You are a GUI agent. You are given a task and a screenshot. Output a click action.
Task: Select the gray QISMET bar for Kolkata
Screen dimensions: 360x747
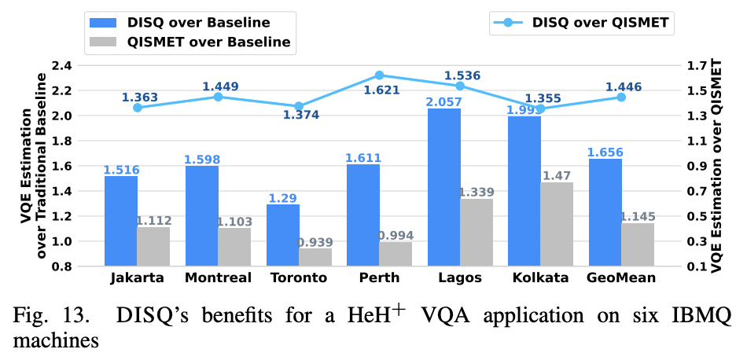pyautogui.click(x=557, y=224)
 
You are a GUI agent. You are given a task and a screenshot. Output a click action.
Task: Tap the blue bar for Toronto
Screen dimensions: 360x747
pyautogui.click(x=282, y=235)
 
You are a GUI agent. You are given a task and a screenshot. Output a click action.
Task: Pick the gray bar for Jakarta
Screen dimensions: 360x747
pyautogui.click(x=153, y=246)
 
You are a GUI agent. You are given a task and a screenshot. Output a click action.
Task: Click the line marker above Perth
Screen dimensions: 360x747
pyautogui.click(x=379, y=75)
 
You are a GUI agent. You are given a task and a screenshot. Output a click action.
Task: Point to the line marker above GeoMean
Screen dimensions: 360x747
pyautogui.click(x=621, y=97)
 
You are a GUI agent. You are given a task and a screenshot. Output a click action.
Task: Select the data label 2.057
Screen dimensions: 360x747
pyautogui.click(x=444, y=102)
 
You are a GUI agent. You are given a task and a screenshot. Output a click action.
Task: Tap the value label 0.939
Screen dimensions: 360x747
pyautogui.click(x=315, y=242)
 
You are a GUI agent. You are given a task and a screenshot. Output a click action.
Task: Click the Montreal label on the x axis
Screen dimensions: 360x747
pyautogui.click(x=218, y=277)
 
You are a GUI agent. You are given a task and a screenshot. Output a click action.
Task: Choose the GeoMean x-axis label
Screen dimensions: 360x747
pyautogui.click(x=622, y=277)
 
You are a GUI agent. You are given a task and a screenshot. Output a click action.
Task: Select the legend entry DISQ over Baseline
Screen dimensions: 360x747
pyautogui.click(x=189, y=22)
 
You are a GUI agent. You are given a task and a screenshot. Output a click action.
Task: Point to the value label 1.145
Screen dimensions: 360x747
pyautogui.click(x=638, y=216)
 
